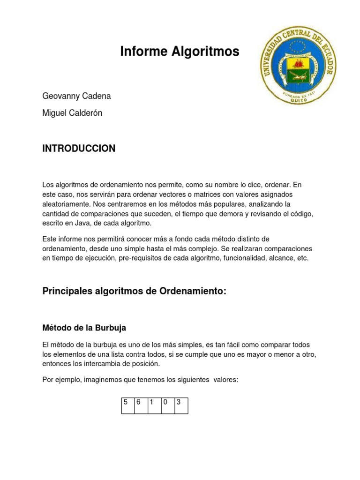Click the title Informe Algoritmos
180,52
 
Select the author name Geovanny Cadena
77,96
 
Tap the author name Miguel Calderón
72,113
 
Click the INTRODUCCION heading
79,149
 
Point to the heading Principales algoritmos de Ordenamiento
134,291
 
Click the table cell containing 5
127,406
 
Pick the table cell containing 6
141,406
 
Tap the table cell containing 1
154,406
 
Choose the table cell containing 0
168,406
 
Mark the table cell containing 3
181,406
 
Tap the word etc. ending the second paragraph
303,258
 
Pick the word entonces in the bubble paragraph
57,364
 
